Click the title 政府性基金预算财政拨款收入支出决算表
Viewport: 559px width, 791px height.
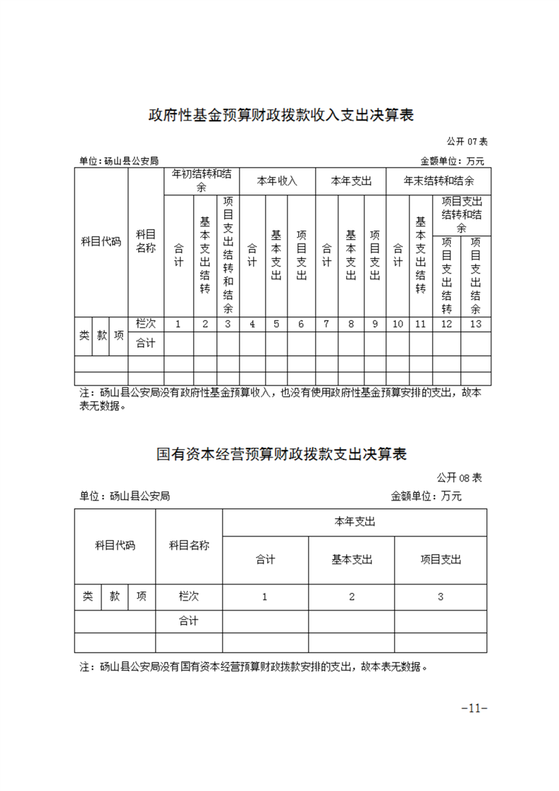[280, 115]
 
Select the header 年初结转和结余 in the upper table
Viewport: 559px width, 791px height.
[201, 180]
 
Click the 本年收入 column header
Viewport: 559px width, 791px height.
[277, 181]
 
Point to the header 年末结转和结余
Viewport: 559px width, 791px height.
[438, 181]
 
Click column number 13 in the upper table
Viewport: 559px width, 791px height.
[475, 324]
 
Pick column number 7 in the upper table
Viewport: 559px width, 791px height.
[326, 324]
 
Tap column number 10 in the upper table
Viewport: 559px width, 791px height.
[398, 324]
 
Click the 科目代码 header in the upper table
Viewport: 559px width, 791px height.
[102, 242]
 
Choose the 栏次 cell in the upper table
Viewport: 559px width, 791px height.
[145, 324]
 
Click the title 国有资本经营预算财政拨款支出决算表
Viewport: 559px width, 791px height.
[281, 453]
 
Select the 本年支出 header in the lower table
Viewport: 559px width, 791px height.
[354, 522]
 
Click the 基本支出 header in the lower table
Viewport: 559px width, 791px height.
[352, 560]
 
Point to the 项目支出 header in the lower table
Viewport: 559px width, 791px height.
[441, 560]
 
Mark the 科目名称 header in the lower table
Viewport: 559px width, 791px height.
[189, 545]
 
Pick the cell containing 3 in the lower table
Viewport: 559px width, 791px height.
[441, 596]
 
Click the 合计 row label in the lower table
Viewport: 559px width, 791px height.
[188, 621]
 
